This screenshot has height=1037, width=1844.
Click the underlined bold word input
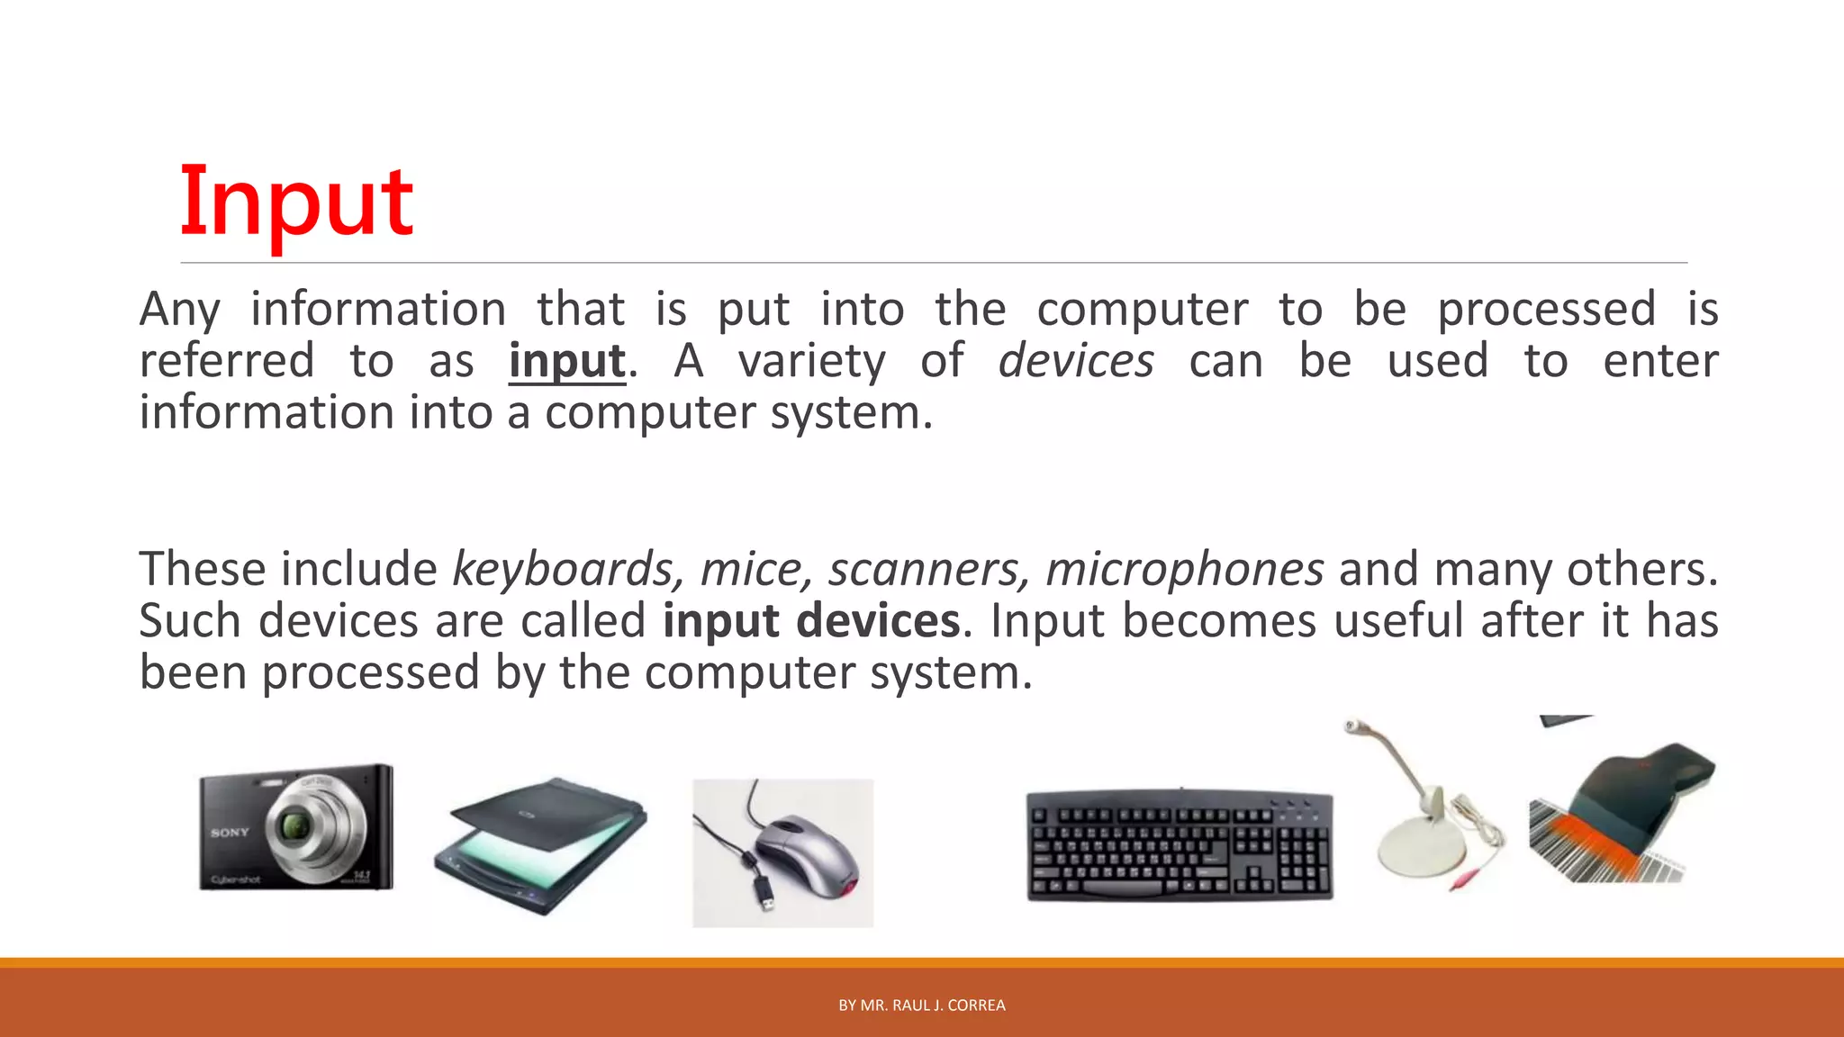click(x=566, y=362)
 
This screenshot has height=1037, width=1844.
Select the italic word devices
click(x=1075, y=362)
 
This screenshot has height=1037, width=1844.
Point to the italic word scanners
click(x=926, y=570)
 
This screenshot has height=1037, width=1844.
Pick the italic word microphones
click(x=1184, y=570)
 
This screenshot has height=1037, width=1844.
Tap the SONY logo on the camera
click(x=230, y=833)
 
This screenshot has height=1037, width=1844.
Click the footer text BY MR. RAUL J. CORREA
click(x=921, y=1005)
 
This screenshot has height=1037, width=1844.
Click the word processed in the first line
click(x=1546, y=310)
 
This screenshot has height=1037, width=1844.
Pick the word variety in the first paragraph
click(x=811, y=362)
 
